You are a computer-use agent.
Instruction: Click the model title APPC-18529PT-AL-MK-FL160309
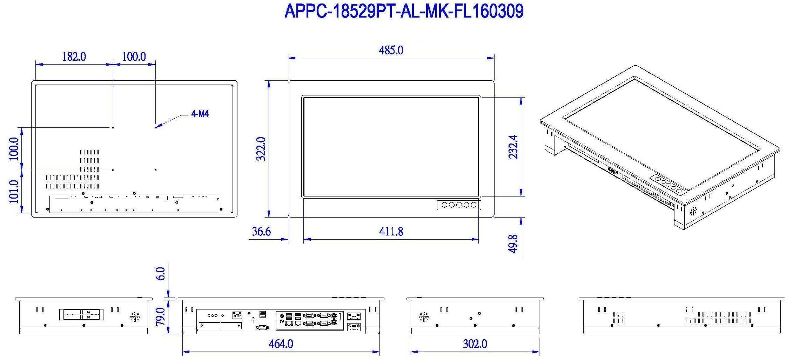(x=404, y=11)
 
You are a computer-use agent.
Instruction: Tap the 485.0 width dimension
(x=391, y=50)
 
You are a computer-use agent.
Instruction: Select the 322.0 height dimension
(x=261, y=149)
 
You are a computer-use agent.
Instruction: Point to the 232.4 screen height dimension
(x=513, y=147)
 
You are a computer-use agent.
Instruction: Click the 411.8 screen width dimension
(x=391, y=232)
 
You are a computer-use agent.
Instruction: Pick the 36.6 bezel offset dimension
(x=261, y=232)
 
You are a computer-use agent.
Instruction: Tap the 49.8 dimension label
(x=513, y=244)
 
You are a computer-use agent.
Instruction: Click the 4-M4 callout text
(x=200, y=114)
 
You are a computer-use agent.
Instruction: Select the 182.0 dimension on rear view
(x=74, y=56)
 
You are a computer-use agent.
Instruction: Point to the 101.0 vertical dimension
(x=14, y=192)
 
